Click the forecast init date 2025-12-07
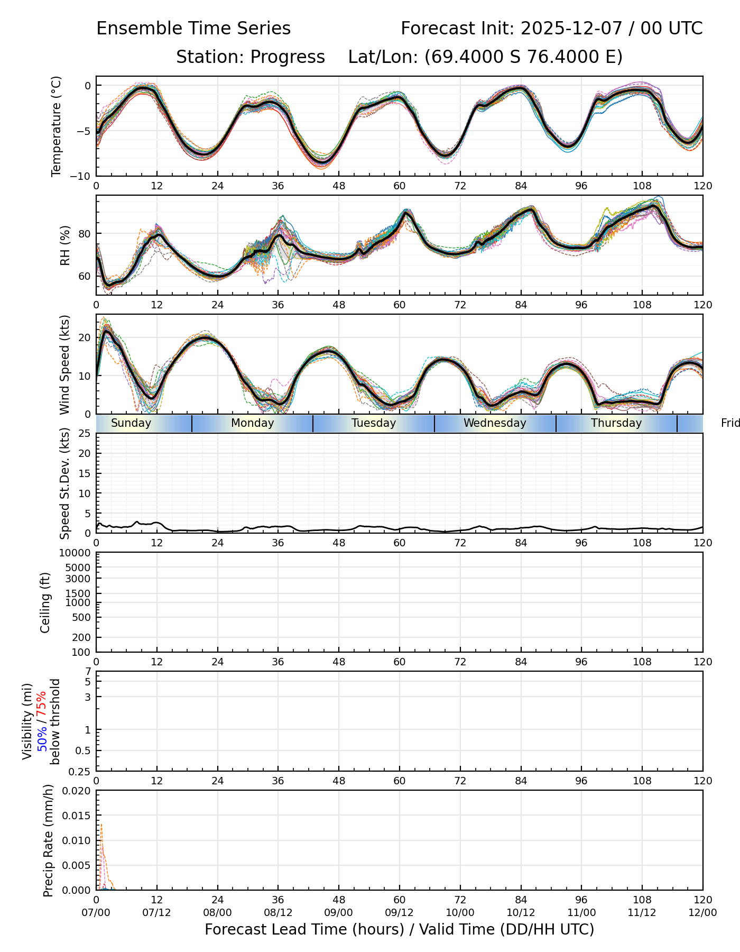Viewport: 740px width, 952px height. (569, 28)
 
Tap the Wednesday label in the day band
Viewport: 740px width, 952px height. (495, 423)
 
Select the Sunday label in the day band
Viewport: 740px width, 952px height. (131, 423)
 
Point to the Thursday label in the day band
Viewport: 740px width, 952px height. (616, 423)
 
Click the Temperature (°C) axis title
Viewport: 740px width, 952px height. (57, 126)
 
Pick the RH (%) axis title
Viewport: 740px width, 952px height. (65, 245)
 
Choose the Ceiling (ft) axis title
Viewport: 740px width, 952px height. (45, 602)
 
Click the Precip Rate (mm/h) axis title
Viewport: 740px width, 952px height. (49, 840)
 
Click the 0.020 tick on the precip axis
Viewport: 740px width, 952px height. (77, 791)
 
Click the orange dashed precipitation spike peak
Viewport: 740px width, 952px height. (101, 823)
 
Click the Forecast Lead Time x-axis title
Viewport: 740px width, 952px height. (399, 929)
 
